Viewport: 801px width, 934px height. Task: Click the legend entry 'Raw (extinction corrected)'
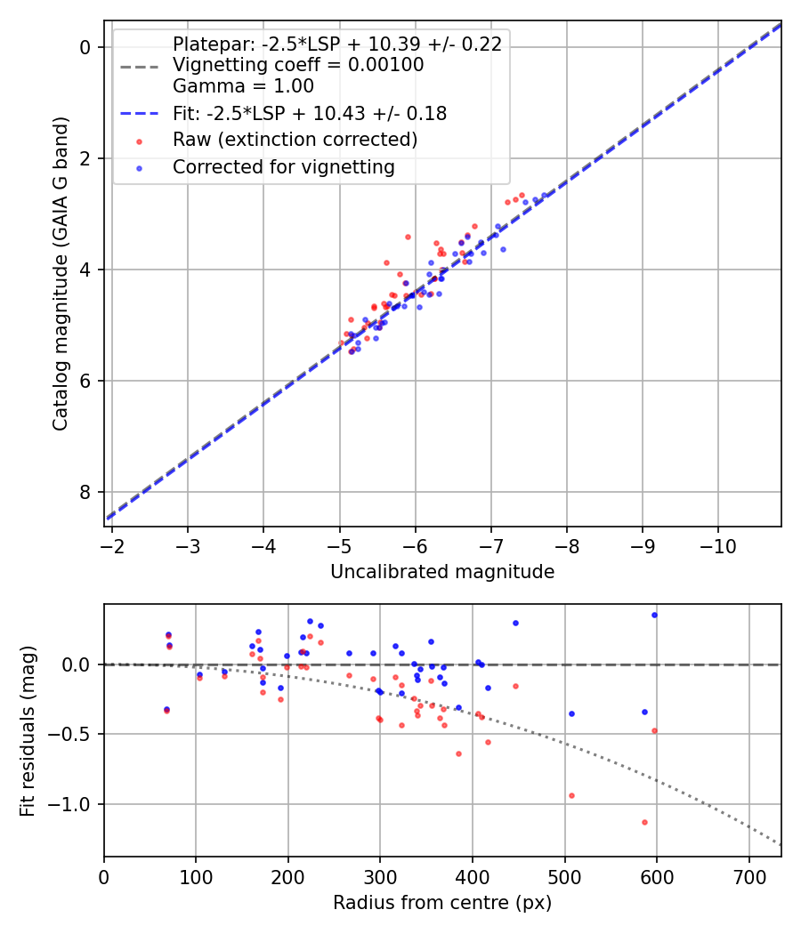[295, 140]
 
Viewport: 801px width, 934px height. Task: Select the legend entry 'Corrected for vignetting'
[283, 167]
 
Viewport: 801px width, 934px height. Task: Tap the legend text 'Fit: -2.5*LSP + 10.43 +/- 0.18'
[309, 113]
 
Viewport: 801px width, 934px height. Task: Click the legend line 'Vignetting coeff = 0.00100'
[298, 65]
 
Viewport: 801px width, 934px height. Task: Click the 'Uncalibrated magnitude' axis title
[442, 572]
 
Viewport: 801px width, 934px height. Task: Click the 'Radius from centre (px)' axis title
[442, 903]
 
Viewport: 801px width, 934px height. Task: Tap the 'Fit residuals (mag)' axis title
[28, 730]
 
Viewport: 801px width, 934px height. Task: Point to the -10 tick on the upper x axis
[718, 545]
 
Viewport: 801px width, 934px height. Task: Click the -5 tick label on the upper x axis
[339, 545]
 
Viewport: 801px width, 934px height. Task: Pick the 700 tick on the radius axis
[748, 876]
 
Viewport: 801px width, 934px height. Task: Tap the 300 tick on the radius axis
[380, 876]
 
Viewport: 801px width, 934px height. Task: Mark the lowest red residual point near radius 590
[644, 822]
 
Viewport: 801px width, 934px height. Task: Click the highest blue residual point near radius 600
[654, 615]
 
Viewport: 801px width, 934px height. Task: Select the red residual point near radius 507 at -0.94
[571, 795]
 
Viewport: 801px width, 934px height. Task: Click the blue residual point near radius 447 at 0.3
[515, 623]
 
